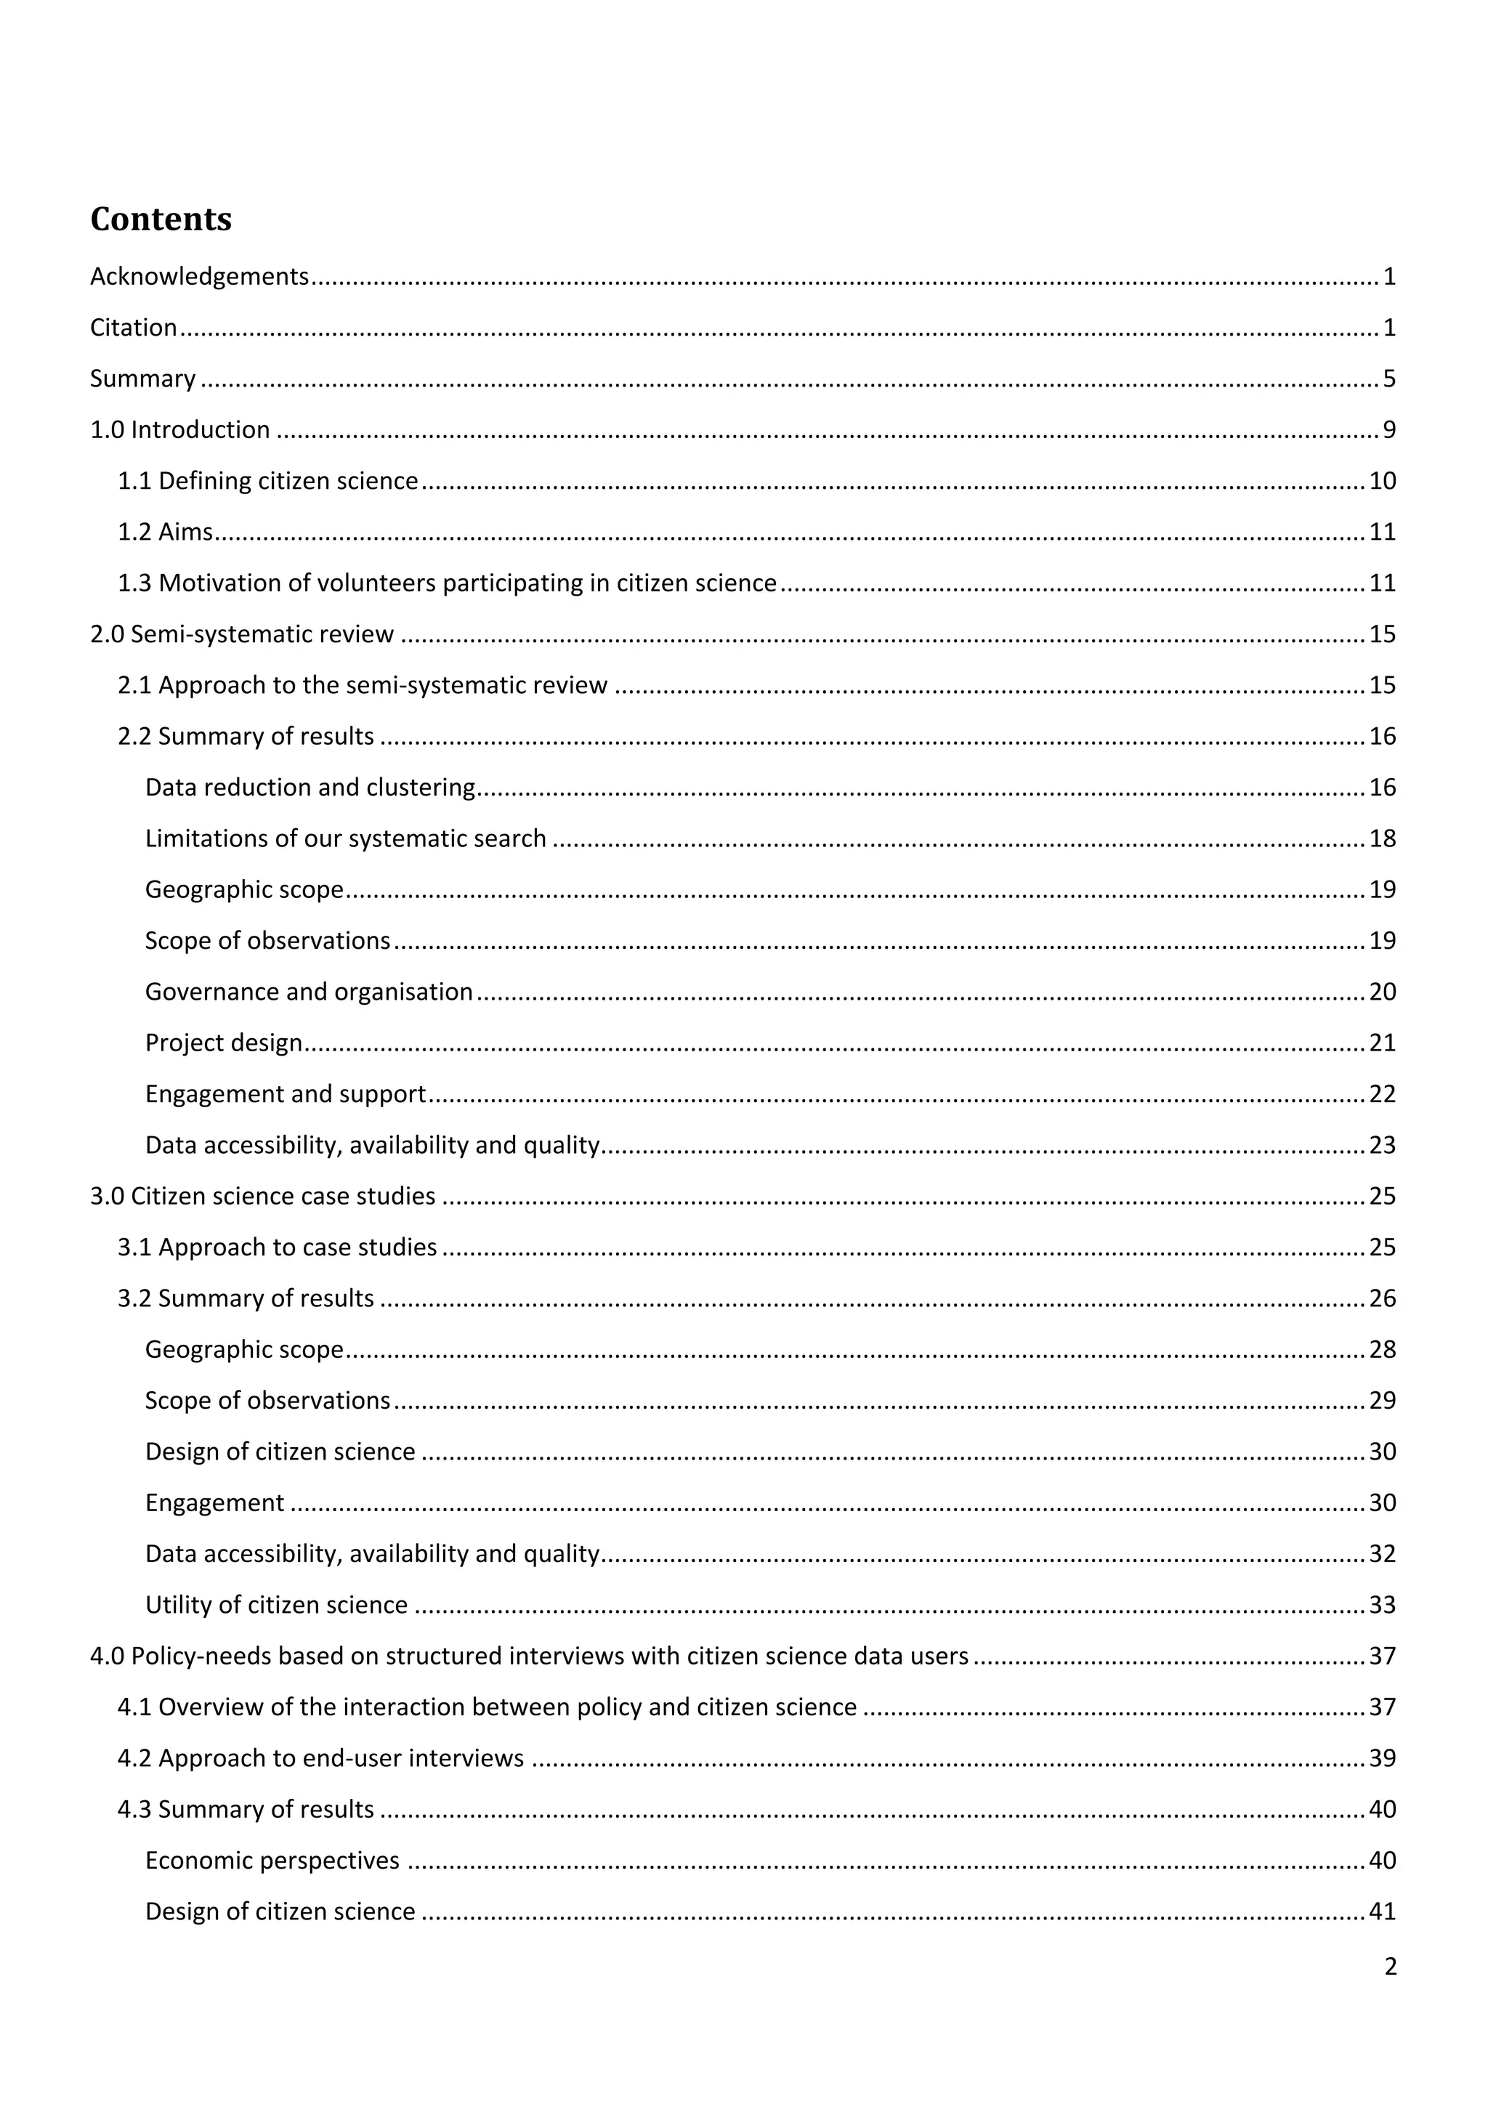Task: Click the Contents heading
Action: [x=161, y=219]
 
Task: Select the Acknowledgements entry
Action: [x=199, y=277]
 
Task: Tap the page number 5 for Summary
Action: [x=1389, y=379]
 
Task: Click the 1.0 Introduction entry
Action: [x=179, y=430]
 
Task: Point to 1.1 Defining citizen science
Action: [x=267, y=481]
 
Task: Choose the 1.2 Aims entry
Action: [x=165, y=533]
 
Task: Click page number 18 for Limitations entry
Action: [x=1382, y=838]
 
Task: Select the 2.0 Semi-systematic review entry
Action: [x=242, y=634]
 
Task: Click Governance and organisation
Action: [x=309, y=992]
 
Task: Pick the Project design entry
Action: [x=224, y=1043]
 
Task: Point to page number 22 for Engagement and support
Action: [x=1382, y=1094]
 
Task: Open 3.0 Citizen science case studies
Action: [x=263, y=1197]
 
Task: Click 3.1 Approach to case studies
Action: [x=277, y=1248]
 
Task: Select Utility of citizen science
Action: [x=276, y=1606]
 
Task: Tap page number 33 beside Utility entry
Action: [x=1382, y=1606]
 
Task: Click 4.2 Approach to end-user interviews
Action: [x=320, y=1758]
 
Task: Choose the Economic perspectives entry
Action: [x=272, y=1860]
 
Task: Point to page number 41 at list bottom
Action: [x=1382, y=1911]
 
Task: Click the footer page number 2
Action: [x=1390, y=1967]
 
